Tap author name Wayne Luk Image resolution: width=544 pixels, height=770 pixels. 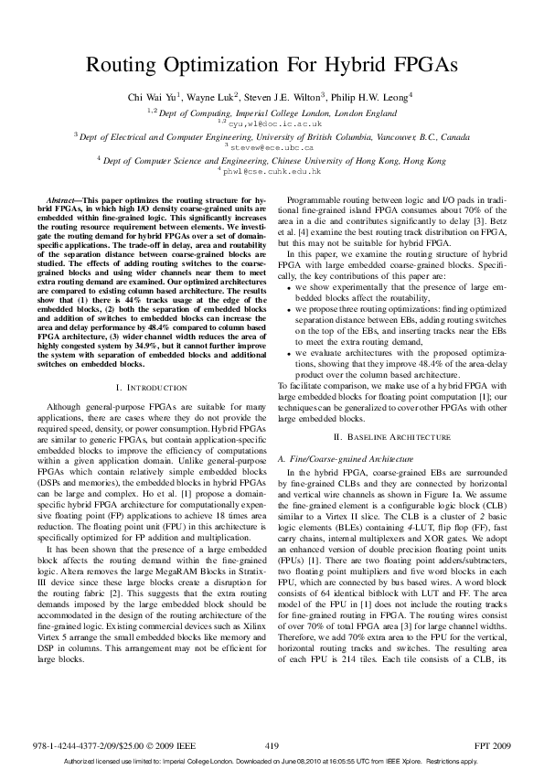(x=214, y=96)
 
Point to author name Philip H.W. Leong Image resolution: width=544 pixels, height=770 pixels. (x=365, y=96)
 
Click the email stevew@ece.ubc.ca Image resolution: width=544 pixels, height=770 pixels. (x=272, y=146)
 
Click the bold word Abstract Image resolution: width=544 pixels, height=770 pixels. (x=65, y=198)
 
